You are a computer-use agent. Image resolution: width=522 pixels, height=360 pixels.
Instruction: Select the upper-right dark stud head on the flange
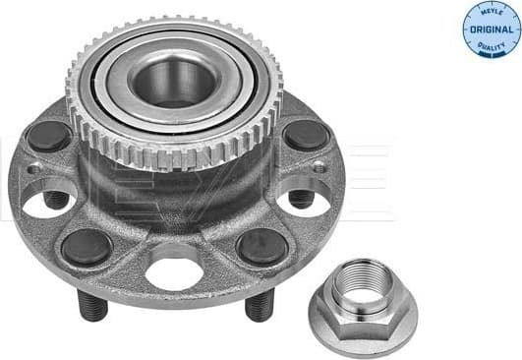pos(306,135)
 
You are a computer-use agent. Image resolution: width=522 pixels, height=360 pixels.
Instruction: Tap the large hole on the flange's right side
pos(304,202)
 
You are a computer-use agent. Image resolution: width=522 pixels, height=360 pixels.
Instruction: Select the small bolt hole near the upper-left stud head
pos(34,169)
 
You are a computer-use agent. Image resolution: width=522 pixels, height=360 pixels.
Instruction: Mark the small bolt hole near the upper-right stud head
pos(319,168)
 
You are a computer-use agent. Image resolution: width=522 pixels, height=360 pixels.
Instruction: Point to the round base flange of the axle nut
pos(359,326)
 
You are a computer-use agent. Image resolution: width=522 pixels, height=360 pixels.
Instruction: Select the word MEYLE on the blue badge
pos(491,12)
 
